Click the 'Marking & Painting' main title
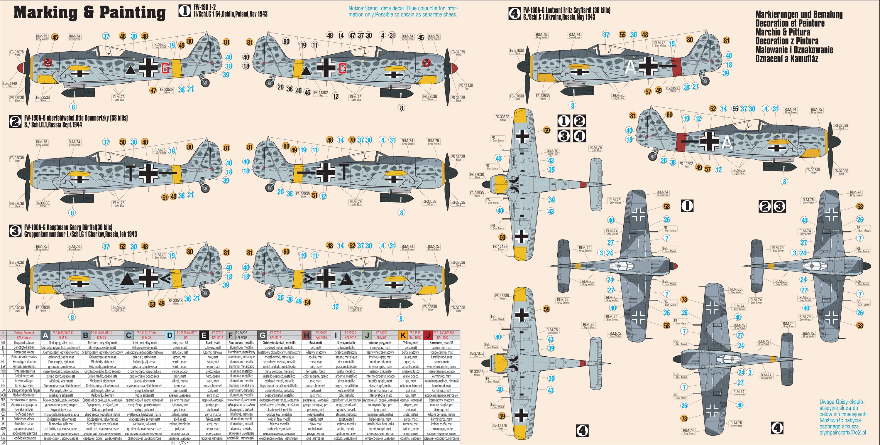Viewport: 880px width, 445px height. [89, 13]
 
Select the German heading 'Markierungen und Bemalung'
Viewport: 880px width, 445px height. [799, 14]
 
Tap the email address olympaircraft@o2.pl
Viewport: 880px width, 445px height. [842, 432]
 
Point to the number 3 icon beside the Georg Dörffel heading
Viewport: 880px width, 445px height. [15, 231]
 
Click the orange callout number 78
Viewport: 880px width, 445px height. [352, 140]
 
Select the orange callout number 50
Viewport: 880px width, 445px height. [123, 142]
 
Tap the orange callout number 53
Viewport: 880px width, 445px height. [152, 304]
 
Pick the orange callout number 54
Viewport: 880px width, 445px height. [307, 302]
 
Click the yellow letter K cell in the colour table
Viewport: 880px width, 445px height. [403, 335]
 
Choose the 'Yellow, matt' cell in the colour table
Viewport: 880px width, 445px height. [411, 343]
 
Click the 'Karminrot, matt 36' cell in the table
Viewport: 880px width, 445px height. [441, 343]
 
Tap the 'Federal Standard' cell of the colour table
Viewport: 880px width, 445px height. [24, 333]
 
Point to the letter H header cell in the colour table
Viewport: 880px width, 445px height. [307, 335]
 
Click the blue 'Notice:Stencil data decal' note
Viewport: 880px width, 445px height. [402, 11]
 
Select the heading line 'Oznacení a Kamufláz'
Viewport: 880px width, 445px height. [786, 59]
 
